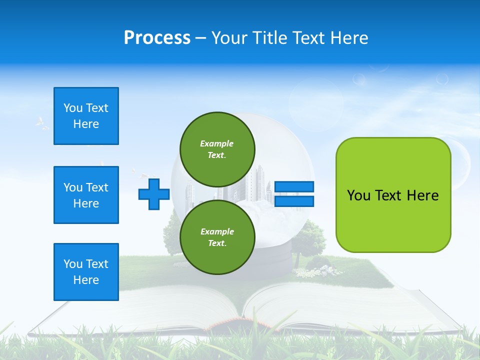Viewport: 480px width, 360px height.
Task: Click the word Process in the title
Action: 157,38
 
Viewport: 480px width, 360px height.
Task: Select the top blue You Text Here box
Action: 86,116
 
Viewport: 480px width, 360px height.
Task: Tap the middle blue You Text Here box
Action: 86,195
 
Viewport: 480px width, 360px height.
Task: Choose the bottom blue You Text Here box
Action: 86,272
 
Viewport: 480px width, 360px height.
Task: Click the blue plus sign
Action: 154,194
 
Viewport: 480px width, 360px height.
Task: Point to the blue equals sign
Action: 294,194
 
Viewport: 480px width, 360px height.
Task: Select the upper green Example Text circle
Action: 217,149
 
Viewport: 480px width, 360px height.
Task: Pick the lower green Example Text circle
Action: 217,237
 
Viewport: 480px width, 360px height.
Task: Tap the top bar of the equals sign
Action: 294,187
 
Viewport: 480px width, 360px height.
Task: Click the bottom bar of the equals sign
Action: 294,201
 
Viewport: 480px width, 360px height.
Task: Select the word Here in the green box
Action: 422,195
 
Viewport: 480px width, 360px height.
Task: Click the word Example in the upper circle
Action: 216,143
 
